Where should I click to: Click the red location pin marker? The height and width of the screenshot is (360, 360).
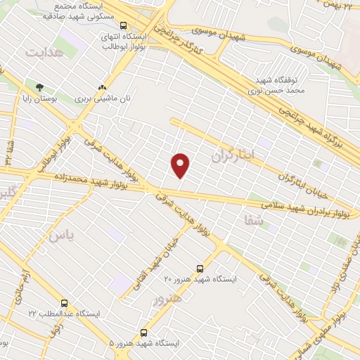(x=181, y=165)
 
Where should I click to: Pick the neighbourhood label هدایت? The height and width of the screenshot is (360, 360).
(x=44, y=53)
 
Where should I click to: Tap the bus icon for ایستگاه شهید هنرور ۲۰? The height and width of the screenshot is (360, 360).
(x=200, y=269)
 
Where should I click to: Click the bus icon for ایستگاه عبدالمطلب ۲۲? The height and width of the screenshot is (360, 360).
(x=64, y=304)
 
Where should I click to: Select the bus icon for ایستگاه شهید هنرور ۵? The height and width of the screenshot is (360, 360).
(x=144, y=333)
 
